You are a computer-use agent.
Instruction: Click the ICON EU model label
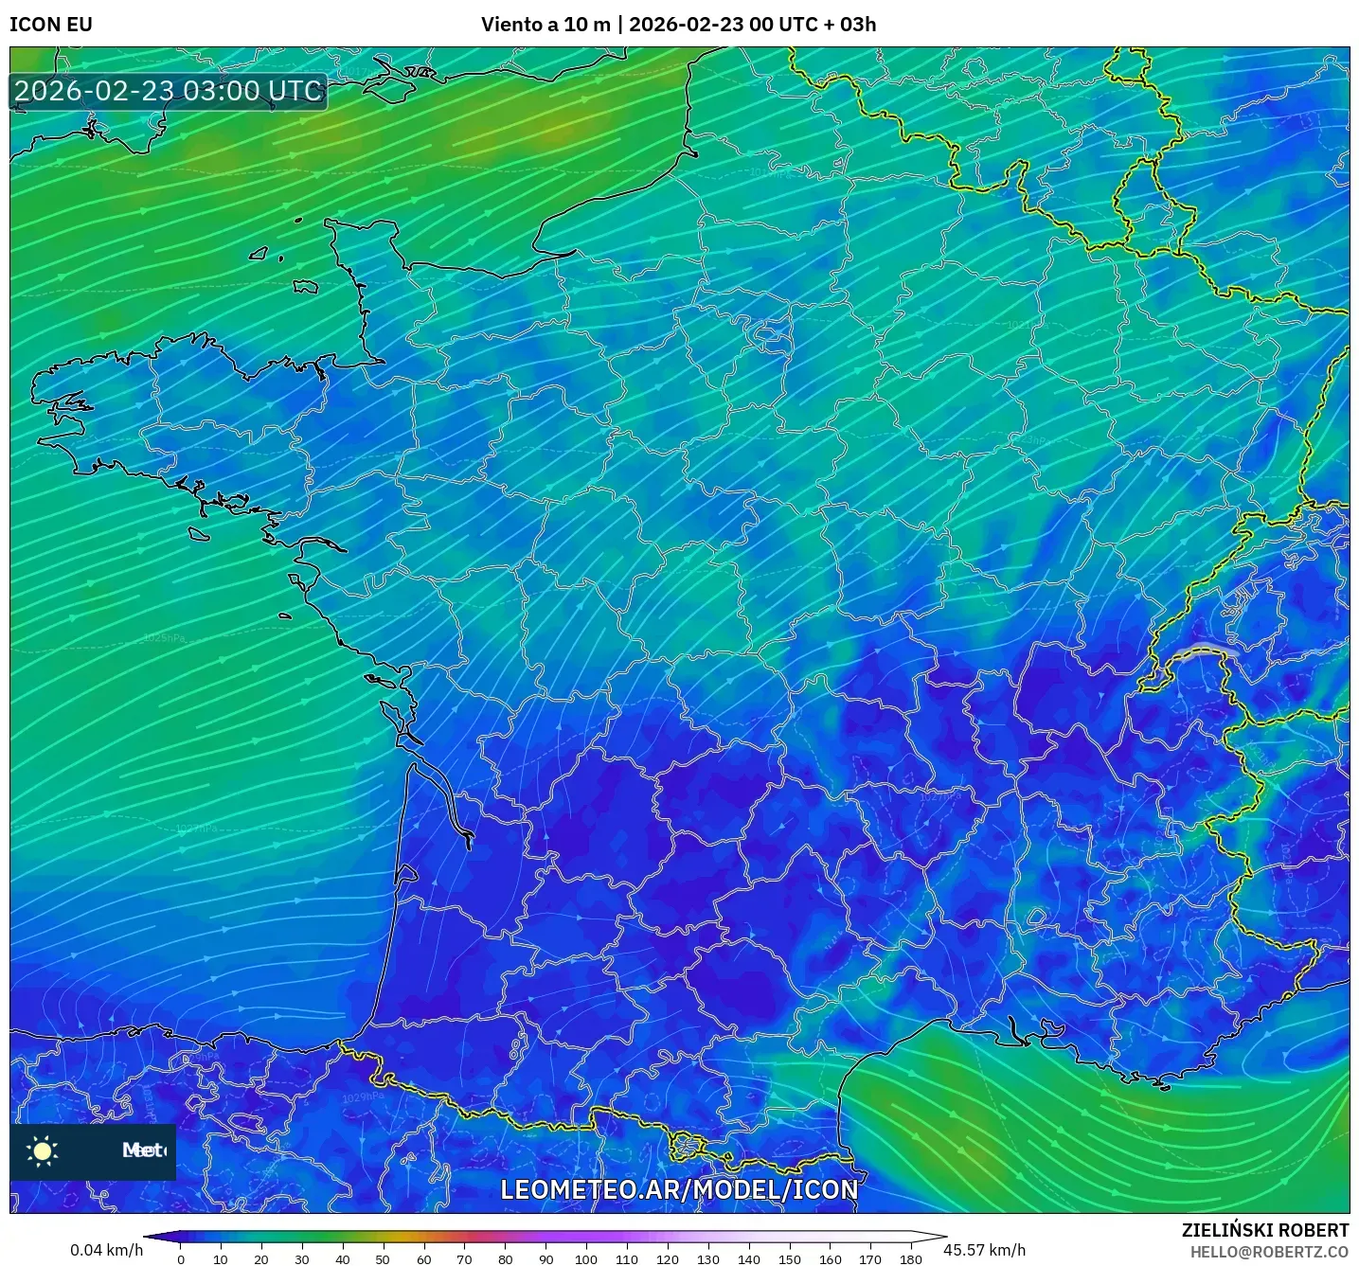[51, 25]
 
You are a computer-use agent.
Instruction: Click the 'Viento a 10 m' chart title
[545, 25]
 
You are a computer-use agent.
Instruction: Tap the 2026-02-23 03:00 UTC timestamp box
[169, 91]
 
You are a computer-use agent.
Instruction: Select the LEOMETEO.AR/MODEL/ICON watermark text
[678, 1189]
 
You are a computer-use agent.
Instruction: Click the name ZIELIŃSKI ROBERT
[1264, 1230]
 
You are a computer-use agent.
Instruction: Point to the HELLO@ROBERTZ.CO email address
[1269, 1252]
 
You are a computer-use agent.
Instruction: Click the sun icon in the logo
[43, 1150]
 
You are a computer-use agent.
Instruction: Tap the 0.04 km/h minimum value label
[106, 1250]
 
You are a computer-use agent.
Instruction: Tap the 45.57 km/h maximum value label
[985, 1250]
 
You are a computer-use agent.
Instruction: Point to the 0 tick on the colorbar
[181, 1259]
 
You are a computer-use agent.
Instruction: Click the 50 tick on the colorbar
[383, 1259]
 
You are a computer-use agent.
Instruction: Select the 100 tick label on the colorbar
[585, 1259]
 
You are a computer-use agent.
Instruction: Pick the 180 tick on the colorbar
[910, 1259]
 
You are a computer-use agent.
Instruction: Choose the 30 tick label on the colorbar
[302, 1259]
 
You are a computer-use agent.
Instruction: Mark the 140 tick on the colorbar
[748, 1259]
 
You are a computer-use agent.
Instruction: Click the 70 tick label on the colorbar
[464, 1259]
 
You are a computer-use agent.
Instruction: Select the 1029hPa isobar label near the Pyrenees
[364, 1097]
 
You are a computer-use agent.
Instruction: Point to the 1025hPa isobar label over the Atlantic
[164, 638]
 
